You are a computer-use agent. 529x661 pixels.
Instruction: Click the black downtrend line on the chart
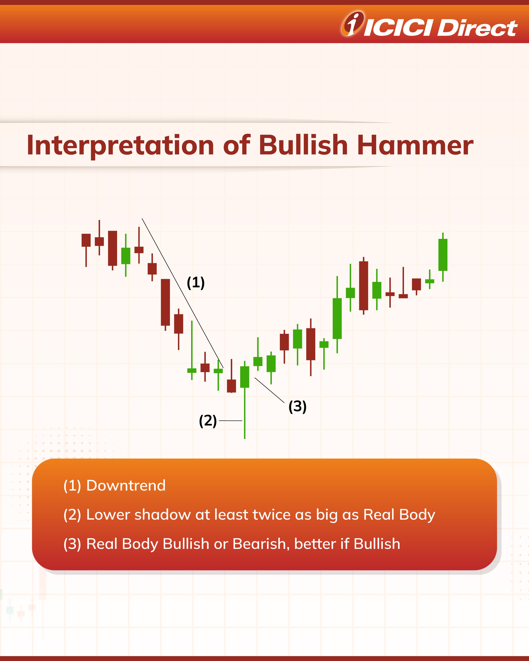(x=183, y=293)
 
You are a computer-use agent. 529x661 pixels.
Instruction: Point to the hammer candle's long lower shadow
(x=245, y=413)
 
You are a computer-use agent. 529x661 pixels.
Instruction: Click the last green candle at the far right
(x=443, y=257)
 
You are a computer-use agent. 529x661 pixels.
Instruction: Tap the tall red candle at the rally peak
(x=364, y=286)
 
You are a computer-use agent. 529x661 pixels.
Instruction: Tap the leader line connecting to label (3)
(x=270, y=390)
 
